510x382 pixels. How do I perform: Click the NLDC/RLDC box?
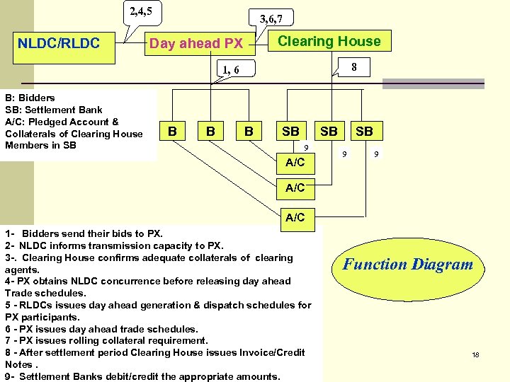pyautogui.click(x=59, y=43)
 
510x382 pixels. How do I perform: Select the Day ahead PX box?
pyautogui.click(x=195, y=44)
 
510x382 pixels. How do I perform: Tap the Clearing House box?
pyautogui.click(x=329, y=41)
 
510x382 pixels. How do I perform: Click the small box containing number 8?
pyautogui.click(x=353, y=68)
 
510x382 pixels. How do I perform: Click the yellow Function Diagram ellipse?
pyautogui.click(x=407, y=265)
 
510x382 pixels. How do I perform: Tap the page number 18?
pyautogui.click(x=475, y=354)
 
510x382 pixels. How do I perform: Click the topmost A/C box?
pyautogui.click(x=295, y=163)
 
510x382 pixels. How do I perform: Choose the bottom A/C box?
pyautogui.click(x=295, y=217)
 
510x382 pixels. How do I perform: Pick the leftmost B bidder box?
pyautogui.click(x=172, y=131)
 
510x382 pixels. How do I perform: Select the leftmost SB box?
pyautogui.click(x=290, y=131)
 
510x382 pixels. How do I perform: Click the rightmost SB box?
pyautogui.click(x=364, y=131)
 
